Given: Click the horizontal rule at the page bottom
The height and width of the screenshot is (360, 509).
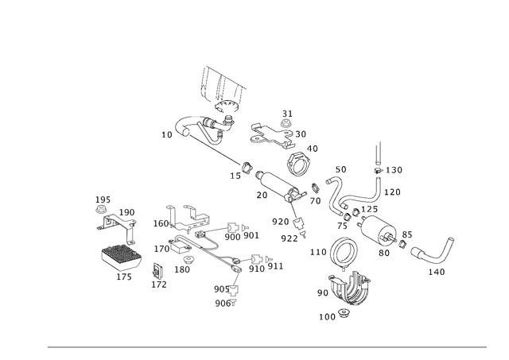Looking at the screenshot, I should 266,347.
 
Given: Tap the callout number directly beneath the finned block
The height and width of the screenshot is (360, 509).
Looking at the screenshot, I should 124,277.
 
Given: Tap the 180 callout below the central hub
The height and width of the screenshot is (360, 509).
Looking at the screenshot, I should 183,270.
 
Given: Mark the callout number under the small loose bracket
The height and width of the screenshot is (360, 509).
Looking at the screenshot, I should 160,283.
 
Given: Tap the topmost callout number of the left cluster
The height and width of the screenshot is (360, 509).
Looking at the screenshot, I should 101,198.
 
